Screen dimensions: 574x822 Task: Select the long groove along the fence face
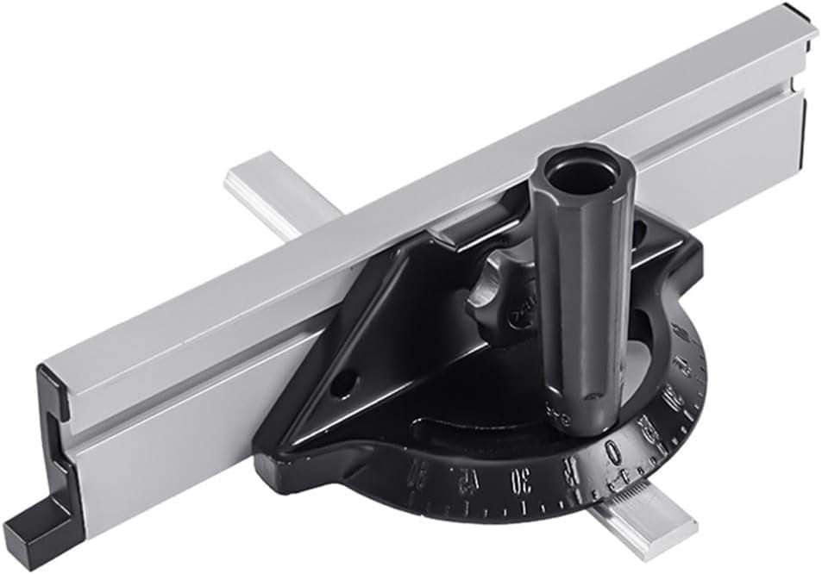[431, 259]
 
